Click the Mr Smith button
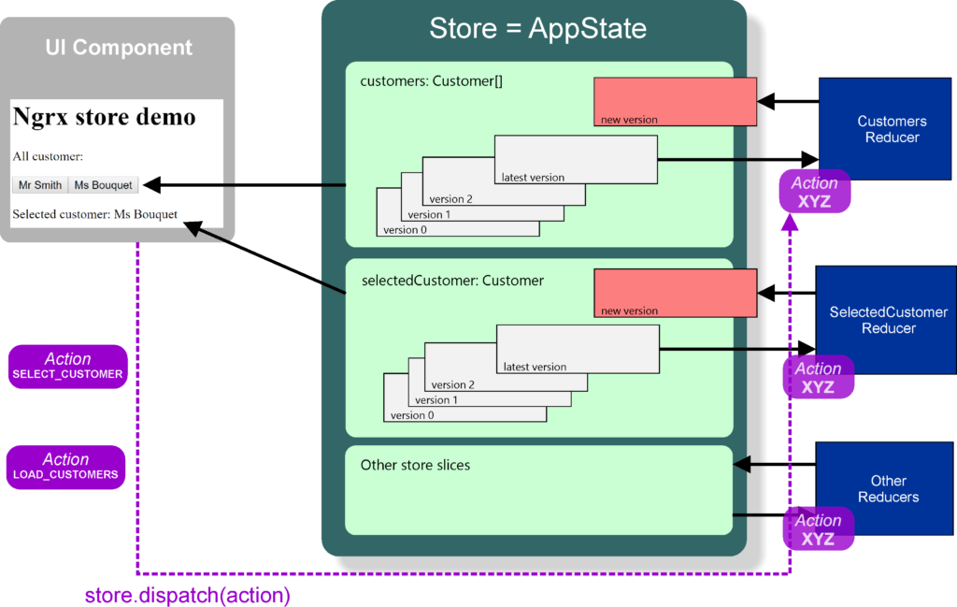[x=40, y=185]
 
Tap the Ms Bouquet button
[x=104, y=185]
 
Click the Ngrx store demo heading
[x=104, y=117]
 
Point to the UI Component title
[x=119, y=48]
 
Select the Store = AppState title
[x=537, y=28]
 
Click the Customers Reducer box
[x=892, y=129]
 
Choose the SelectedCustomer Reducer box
[x=888, y=320]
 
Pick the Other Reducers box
[x=888, y=489]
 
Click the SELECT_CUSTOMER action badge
[x=67, y=366]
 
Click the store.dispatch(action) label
[x=188, y=595]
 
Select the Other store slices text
[x=415, y=465]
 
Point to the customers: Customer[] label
[x=431, y=81]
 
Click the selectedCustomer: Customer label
[x=452, y=281]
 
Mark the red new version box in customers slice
[x=675, y=101]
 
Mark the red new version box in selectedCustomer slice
[x=675, y=293]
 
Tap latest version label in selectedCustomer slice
[x=535, y=367]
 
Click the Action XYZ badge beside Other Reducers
[x=818, y=529]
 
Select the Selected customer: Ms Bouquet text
[x=94, y=214]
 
